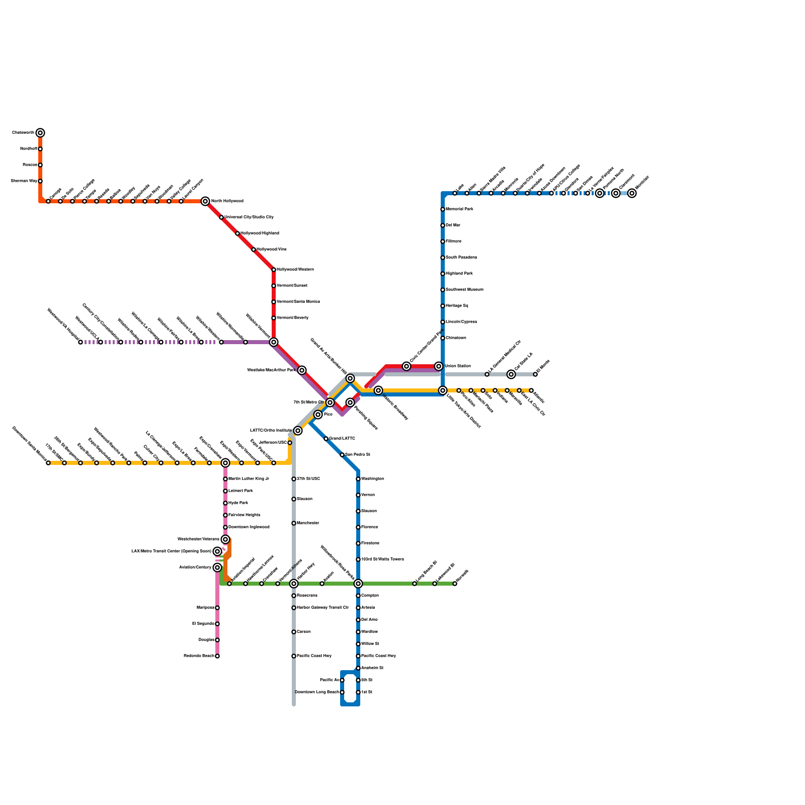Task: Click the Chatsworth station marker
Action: [40, 133]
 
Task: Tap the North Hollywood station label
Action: [227, 201]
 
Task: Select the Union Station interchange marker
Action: [439, 366]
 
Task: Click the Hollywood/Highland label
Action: [259, 233]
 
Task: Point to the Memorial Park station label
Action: [459, 209]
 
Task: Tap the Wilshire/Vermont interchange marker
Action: [274, 342]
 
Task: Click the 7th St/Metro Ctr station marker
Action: [330, 403]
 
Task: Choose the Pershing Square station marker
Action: [350, 403]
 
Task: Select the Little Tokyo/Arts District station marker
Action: [443, 390]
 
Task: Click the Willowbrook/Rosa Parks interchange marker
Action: [358, 584]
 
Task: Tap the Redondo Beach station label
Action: [199, 656]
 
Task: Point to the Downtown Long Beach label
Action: [317, 692]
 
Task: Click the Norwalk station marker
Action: [455, 584]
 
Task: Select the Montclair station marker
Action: [632, 193]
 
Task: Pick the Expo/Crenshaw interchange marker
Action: [225, 463]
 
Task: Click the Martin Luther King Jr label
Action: [249, 479]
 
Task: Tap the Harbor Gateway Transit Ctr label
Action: [323, 608]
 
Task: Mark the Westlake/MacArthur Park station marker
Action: [302, 370]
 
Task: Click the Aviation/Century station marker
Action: [217, 568]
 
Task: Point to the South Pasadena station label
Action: [461, 258]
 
